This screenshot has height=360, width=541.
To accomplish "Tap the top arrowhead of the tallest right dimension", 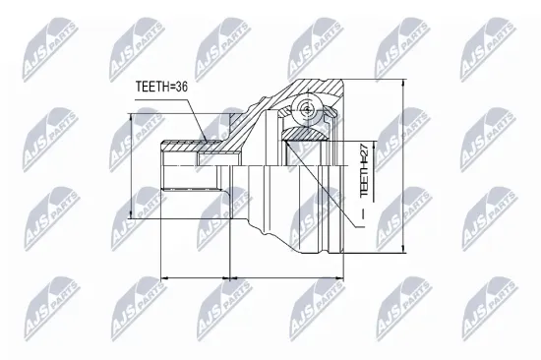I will coord(404,82).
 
